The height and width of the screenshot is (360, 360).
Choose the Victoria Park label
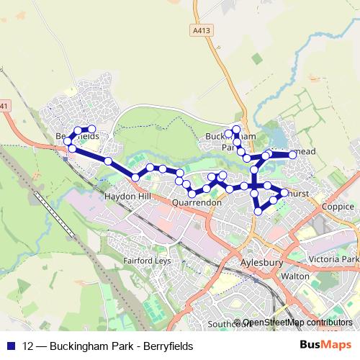(333, 259)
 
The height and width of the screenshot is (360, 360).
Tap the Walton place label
(296, 276)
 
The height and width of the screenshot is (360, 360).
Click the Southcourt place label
(228, 324)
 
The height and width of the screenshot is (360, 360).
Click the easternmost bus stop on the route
(293, 155)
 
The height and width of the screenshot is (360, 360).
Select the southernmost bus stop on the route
(258, 211)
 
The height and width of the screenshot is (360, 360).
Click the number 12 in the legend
(29, 346)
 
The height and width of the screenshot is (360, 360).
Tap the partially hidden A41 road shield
(4, 107)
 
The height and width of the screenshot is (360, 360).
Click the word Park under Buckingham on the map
(229, 147)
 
